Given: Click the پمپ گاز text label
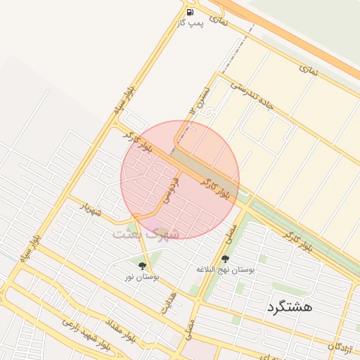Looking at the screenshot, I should (x=191, y=23).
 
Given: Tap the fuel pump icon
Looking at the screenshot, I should (x=191, y=12).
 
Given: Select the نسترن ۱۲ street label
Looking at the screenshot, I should (x=201, y=98).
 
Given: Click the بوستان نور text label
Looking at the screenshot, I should (x=142, y=277).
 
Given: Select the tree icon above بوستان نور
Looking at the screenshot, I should (x=143, y=266).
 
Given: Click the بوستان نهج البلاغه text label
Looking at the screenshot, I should (x=225, y=270).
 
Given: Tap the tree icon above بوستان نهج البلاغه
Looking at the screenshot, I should (x=225, y=259).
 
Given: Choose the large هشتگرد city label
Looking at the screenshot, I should (x=290, y=307).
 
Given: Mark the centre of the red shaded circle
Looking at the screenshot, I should (x=180, y=180).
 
